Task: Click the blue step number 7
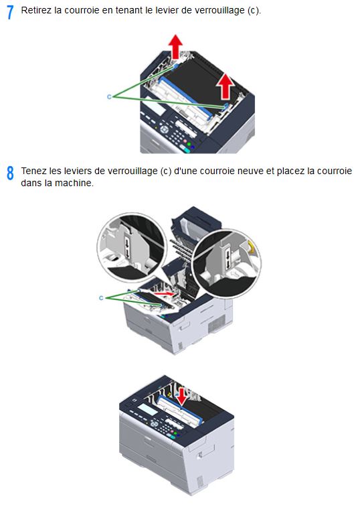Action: tap(10, 12)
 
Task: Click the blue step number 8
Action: tap(10, 173)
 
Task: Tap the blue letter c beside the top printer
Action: tap(109, 96)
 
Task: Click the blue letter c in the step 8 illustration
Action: tap(101, 298)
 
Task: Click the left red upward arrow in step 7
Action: tap(175, 46)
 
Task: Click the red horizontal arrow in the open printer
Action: tap(165, 293)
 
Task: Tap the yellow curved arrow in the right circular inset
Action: tap(250, 246)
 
